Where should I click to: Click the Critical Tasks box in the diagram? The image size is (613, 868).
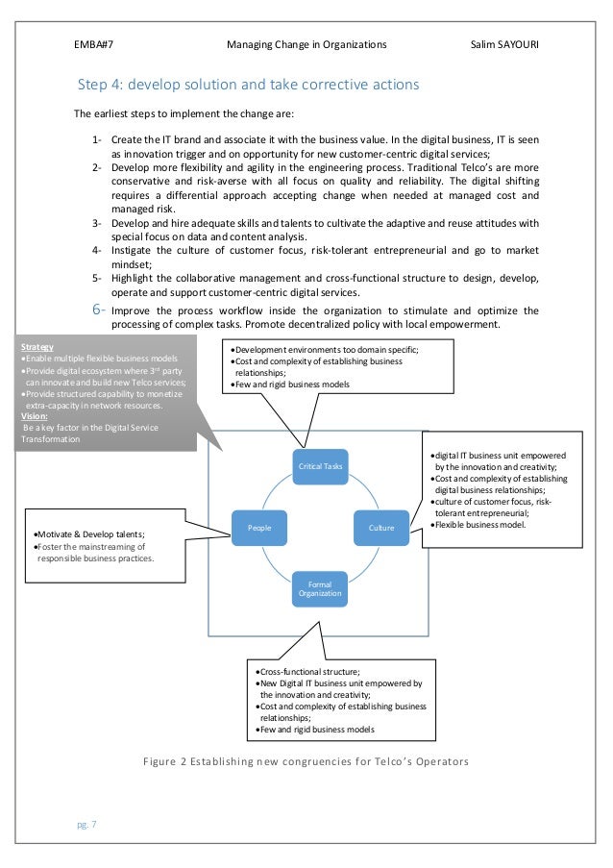[320, 466]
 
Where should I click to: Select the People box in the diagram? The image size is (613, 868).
[259, 527]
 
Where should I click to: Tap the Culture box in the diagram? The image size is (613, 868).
[381, 527]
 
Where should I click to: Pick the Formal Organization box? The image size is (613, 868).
[320, 587]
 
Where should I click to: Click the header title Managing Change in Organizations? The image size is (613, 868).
[306, 44]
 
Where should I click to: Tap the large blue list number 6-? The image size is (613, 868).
[100, 310]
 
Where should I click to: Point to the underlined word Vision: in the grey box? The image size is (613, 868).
[36, 416]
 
